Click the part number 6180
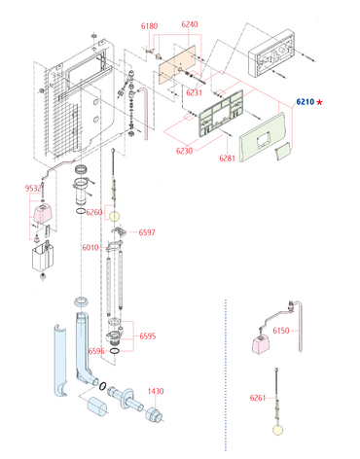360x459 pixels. click(x=149, y=26)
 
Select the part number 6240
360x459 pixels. click(x=190, y=24)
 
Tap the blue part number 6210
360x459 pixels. click(x=306, y=102)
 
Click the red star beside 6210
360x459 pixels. click(x=320, y=102)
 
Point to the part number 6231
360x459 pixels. click(x=194, y=92)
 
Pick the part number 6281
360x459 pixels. click(x=227, y=159)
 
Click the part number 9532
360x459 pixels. click(x=33, y=189)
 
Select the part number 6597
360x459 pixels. click(x=147, y=232)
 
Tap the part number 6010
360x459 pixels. click(x=90, y=248)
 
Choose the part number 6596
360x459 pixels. click(x=96, y=351)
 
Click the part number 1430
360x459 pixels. click(x=156, y=391)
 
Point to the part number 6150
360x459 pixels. click(x=281, y=331)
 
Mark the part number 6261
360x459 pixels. click(x=258, y=398)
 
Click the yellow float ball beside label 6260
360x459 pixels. click(x=114, y=216)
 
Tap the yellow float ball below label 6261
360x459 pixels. click(x=278, y=430)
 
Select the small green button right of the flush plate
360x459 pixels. click(x=282, y=151)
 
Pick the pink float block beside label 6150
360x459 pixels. click(x=261, y=344)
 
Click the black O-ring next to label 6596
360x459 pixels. click(x=115, y=350)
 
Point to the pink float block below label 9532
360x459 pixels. click(x=42, y=213)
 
